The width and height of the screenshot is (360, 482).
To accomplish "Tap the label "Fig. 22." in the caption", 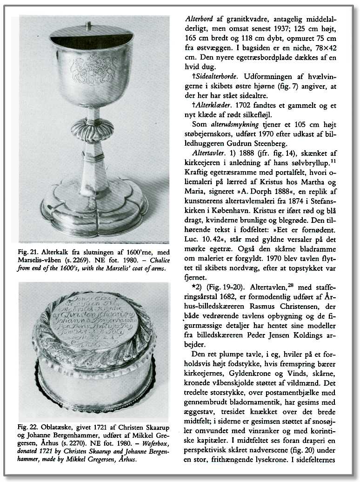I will [27, 427].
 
